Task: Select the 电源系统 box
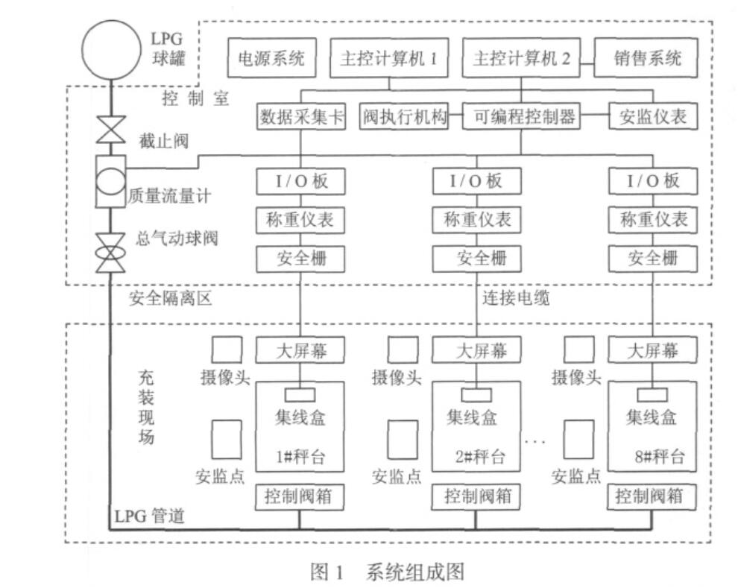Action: click(x=271, y=59)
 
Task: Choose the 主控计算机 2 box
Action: click(x=521, y=59)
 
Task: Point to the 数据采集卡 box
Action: click(x=301, y=117)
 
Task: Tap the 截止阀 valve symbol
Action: click(x=111, y=128)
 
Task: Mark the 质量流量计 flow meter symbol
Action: click(x=111, y=181)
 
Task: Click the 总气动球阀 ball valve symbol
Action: click(x=111, y=250)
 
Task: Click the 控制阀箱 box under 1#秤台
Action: click(x=300, y=496)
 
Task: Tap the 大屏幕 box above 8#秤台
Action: click(x=653, y=350)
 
